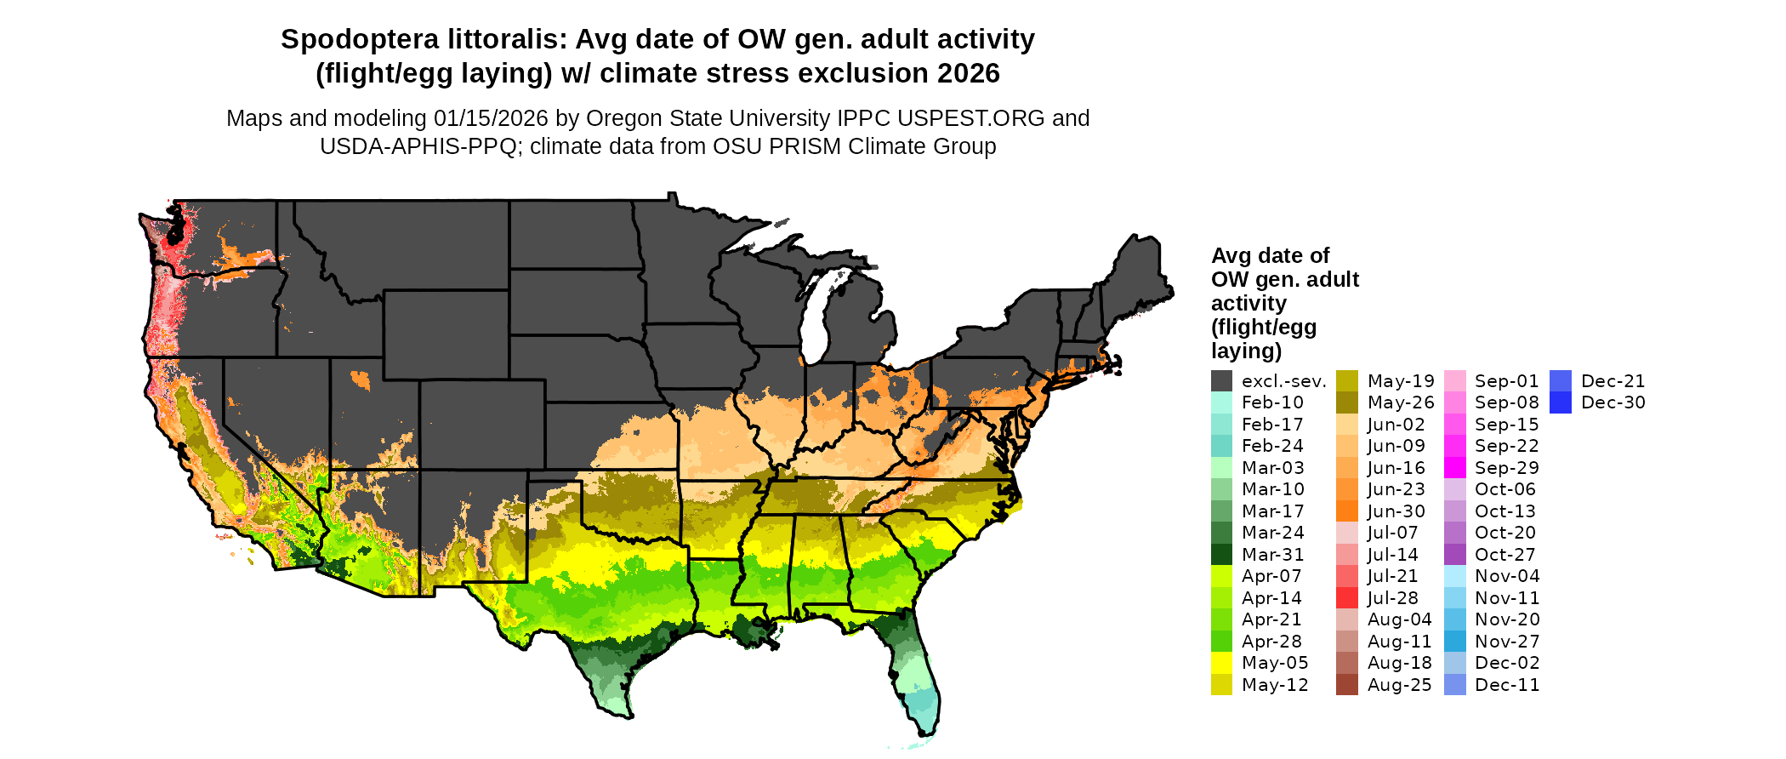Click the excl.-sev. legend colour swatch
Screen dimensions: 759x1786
[x=1221, y=381]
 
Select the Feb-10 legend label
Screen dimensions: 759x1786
[x=1272, y=402]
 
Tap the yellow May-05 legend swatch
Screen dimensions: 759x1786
[x=1221, y=663]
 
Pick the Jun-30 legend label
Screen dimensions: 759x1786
[x=1396, y=511]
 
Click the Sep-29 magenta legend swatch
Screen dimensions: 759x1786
[x=1454, y=468]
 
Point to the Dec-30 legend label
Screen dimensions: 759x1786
[x=1613, y=402]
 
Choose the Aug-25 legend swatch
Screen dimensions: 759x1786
[x=1346, y=685]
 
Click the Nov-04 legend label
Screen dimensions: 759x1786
[x=1507, y=576]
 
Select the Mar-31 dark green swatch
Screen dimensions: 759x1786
[x=1221, y=555]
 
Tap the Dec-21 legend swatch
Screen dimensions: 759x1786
[x=1560, y=381]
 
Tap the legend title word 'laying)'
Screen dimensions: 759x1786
[x=1247, y=351]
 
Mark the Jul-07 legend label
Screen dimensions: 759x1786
[x=1393, y=533]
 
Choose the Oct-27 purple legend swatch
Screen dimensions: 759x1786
[x=1454, y=555]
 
